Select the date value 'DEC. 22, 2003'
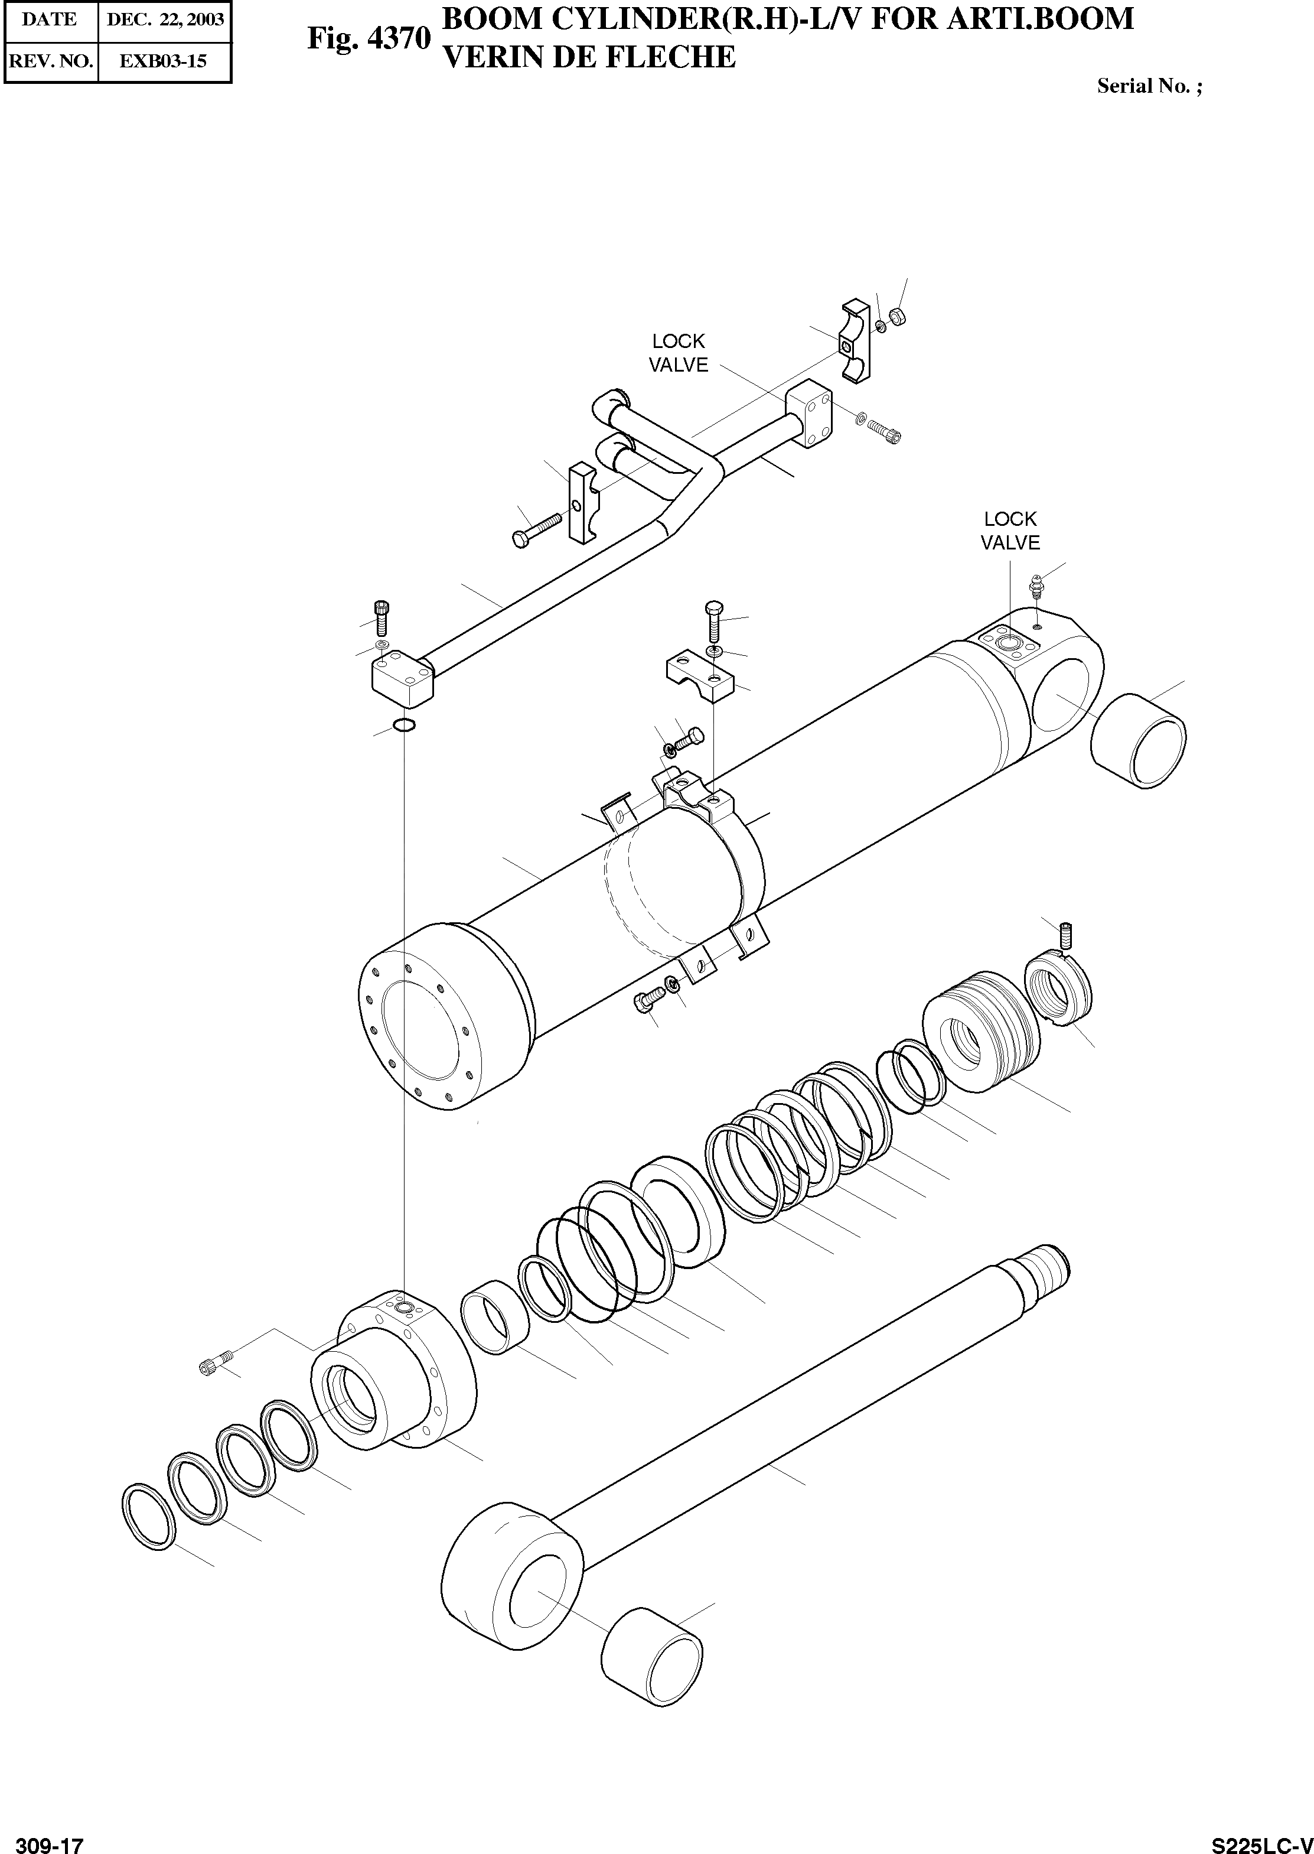coord(165,20)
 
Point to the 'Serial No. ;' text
coord(1149,87)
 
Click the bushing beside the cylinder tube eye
coord(1137,740)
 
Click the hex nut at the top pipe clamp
coord(896,315)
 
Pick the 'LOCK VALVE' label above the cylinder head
coord(1010,531)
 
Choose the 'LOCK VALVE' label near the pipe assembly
coord(678,353)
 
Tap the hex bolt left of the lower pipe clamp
coord(537,528)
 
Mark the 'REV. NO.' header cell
coord(50,61)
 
